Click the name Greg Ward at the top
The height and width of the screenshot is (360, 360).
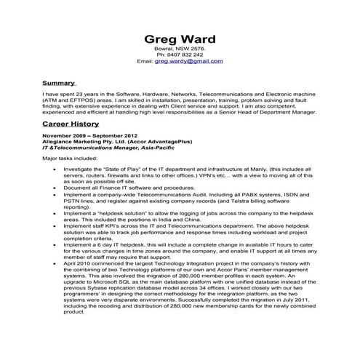[179, 39]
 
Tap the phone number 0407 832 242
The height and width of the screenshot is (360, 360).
[185, 55]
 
